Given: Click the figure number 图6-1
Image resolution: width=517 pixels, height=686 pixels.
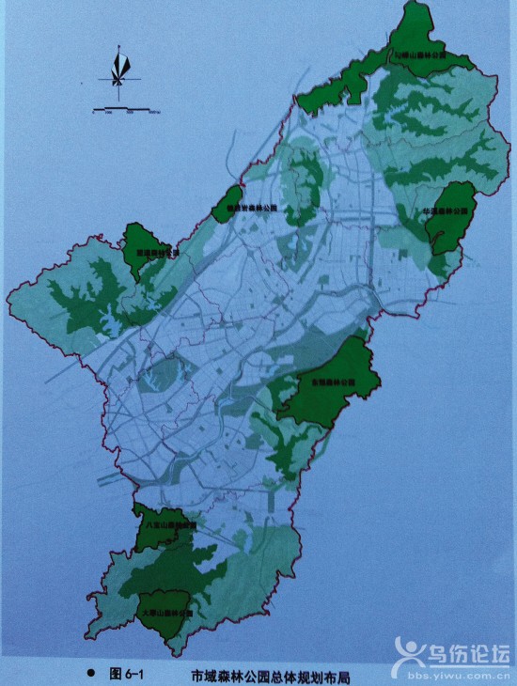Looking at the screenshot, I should coord(125,674).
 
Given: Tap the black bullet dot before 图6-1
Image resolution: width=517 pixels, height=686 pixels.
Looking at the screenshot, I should coord(90,674).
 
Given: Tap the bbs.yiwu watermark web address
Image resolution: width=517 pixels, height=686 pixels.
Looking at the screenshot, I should coord(461,673).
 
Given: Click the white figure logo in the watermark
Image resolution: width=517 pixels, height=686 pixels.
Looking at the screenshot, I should coord(410,654).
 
